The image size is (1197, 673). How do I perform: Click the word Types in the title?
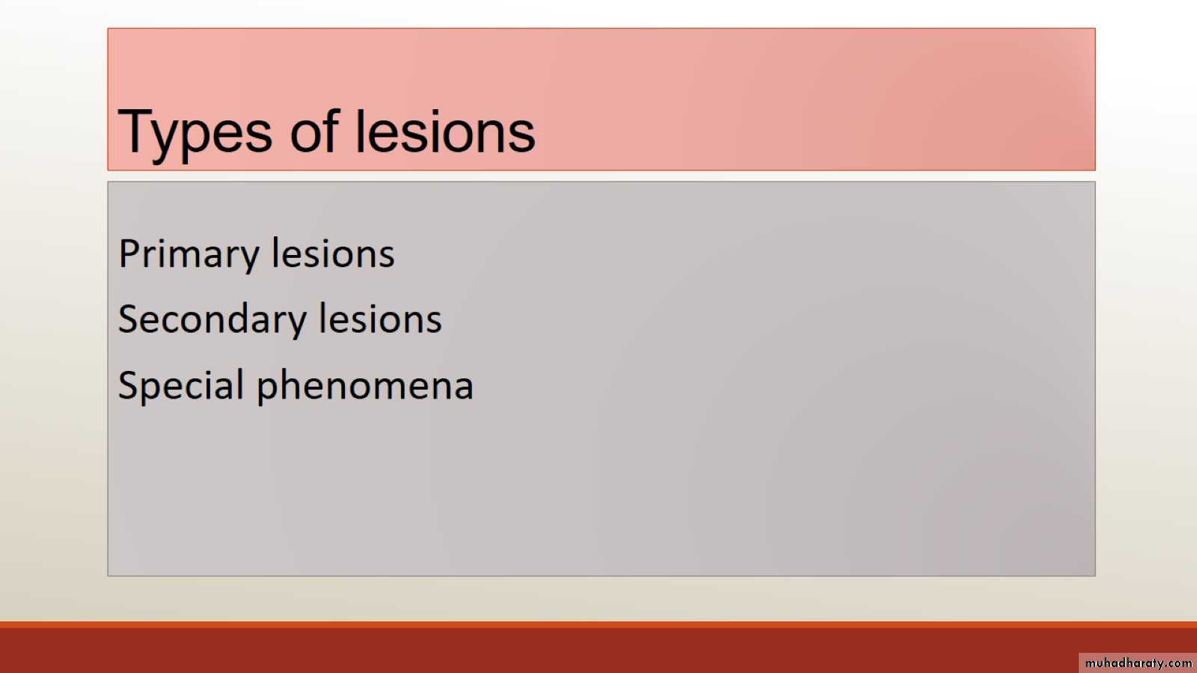(195, 134)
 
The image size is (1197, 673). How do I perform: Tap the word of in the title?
(315, 131)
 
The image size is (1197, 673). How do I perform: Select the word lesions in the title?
(445, 132)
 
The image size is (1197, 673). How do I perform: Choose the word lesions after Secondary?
(381, 319)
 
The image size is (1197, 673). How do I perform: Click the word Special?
(181, 384)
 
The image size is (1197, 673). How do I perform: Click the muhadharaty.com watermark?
(1138, 663)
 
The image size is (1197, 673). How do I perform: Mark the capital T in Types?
(135, 131)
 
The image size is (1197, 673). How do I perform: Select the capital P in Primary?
(130, 253)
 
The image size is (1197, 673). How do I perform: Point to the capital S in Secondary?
(129, 319)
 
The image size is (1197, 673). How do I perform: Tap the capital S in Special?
(129, 384)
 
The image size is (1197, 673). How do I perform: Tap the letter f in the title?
(331, 130)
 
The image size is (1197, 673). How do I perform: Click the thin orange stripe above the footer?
(598, 624)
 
